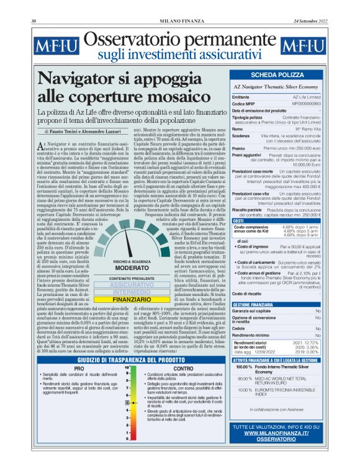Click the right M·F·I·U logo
coord(303,47)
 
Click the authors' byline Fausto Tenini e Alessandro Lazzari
coord(83,132)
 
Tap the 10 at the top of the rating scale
coord(127,367)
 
